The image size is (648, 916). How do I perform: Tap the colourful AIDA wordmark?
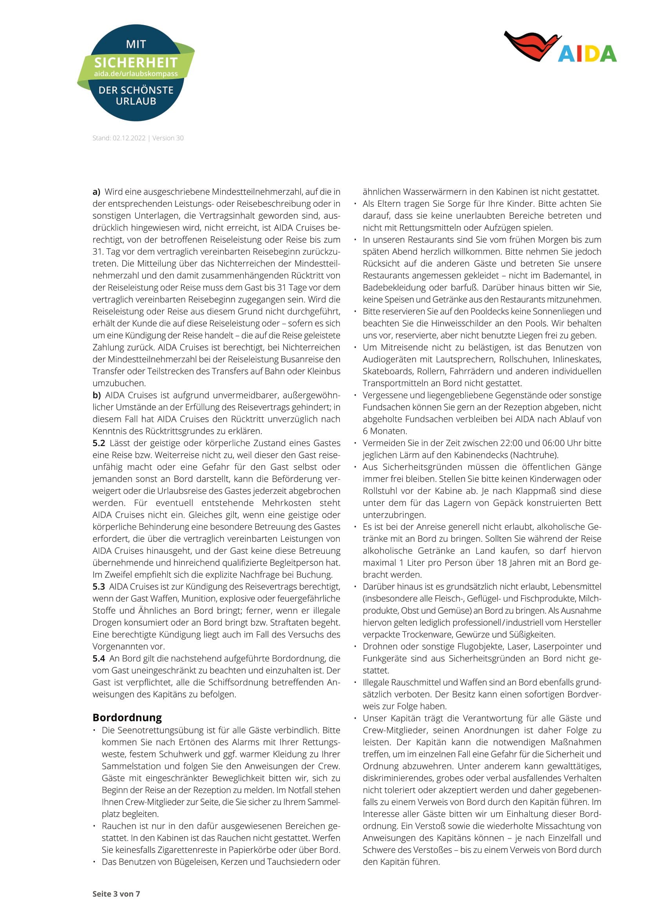point(587,54)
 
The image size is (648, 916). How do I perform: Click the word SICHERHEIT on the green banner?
point(136,63)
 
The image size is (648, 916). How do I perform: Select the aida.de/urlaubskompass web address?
point(136,74)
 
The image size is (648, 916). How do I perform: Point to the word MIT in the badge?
point(136,44)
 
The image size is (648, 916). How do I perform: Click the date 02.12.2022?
point(129,138)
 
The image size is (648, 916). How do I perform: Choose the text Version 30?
point(168,138)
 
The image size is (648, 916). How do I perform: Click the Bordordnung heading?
point(127,718)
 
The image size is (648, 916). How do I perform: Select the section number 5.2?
point(99,443)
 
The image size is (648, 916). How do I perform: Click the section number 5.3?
point(99,587)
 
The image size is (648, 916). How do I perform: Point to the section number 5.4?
point(99,658)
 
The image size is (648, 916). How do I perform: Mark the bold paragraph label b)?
point(96,395)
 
